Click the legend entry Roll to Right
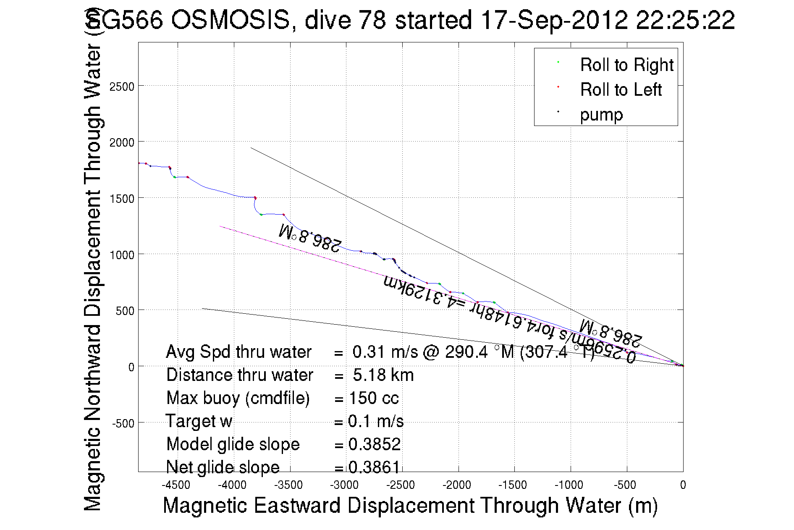pyautogui.click(x=626, y=65)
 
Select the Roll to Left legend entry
pyautogui.click(x=621, y=90)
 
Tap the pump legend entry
pyautogui.click(x=601, y=115)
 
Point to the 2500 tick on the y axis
pyautogui.click(x=122, y=87)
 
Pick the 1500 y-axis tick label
pyautogui.click(x=122, y=199)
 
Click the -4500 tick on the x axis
pyautogui.click(x=176, y=485)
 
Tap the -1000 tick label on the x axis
pyautogui.click(x=569, y=485)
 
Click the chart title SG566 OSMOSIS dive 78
pyautogui.click(x=410, y=20)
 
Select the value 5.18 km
pyautogui.click(x=383, y=375)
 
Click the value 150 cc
pyautogui.click(x=374, y=398)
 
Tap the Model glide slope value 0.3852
pyautogui.click(x=374, y=444)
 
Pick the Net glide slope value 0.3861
pyautogui.click(x=374, y=467)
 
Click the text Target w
pyautogui.click(x=199, y=421)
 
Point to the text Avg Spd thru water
pyautogui.click(x=238, y=352)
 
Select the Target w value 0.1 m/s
pyautogui.click(x=376, y=421)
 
